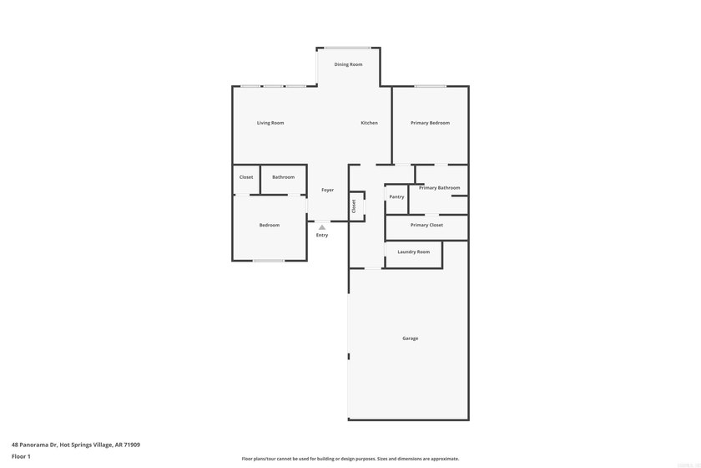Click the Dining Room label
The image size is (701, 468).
point(348,64)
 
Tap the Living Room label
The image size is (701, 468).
point(270,123)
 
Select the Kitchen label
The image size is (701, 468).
point(369,123)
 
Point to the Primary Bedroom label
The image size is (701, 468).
point(430,123)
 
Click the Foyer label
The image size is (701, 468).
point(328,190)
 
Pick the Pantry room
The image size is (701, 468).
point(396,199)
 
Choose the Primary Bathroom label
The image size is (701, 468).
point(440,188)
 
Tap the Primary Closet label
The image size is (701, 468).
point(426,225)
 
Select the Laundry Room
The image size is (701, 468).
point(414,254)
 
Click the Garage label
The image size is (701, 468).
point(410,338)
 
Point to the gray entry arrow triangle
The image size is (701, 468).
point(322,227)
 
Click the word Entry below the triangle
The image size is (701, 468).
point(322,235)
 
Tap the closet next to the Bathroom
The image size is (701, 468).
point(246,180)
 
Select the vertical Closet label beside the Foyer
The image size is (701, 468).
point(354,206)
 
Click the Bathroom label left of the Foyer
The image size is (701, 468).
point(284,177)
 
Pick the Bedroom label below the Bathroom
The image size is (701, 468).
point(269,225)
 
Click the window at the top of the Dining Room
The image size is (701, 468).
point(347,48)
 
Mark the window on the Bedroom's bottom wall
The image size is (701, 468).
point(268,261)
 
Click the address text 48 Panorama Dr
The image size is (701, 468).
point(34,445)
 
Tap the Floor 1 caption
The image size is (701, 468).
point(21,456)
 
